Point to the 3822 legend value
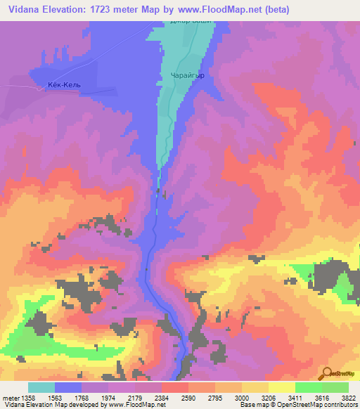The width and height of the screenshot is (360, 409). tap(349, 398)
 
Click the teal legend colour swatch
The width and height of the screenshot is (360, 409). tap(41, 387)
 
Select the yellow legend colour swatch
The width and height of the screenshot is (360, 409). tap(281, 387)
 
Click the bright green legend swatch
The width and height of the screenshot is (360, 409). tap(308, 387)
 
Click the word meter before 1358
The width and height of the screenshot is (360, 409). tap(9, 398)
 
